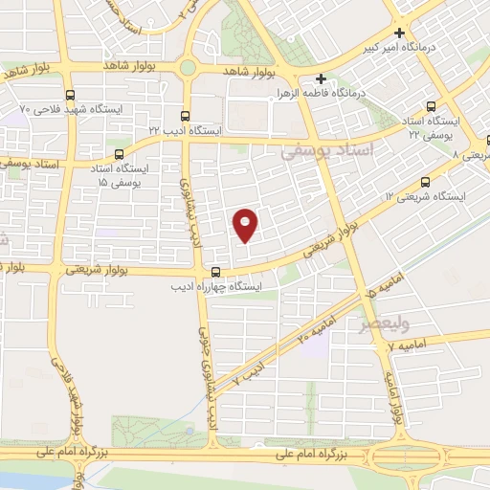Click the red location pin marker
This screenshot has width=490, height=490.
[x=246, y=223]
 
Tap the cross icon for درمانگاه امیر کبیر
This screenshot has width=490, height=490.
[x=400, y=32]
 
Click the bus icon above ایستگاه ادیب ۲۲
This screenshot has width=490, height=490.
[x=187, y=110]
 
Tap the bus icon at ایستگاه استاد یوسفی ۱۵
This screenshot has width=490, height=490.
[x=120, y=153]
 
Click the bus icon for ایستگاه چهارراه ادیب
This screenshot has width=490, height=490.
[x=216, y=272]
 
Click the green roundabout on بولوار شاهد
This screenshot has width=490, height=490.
[x=188, y=68]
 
